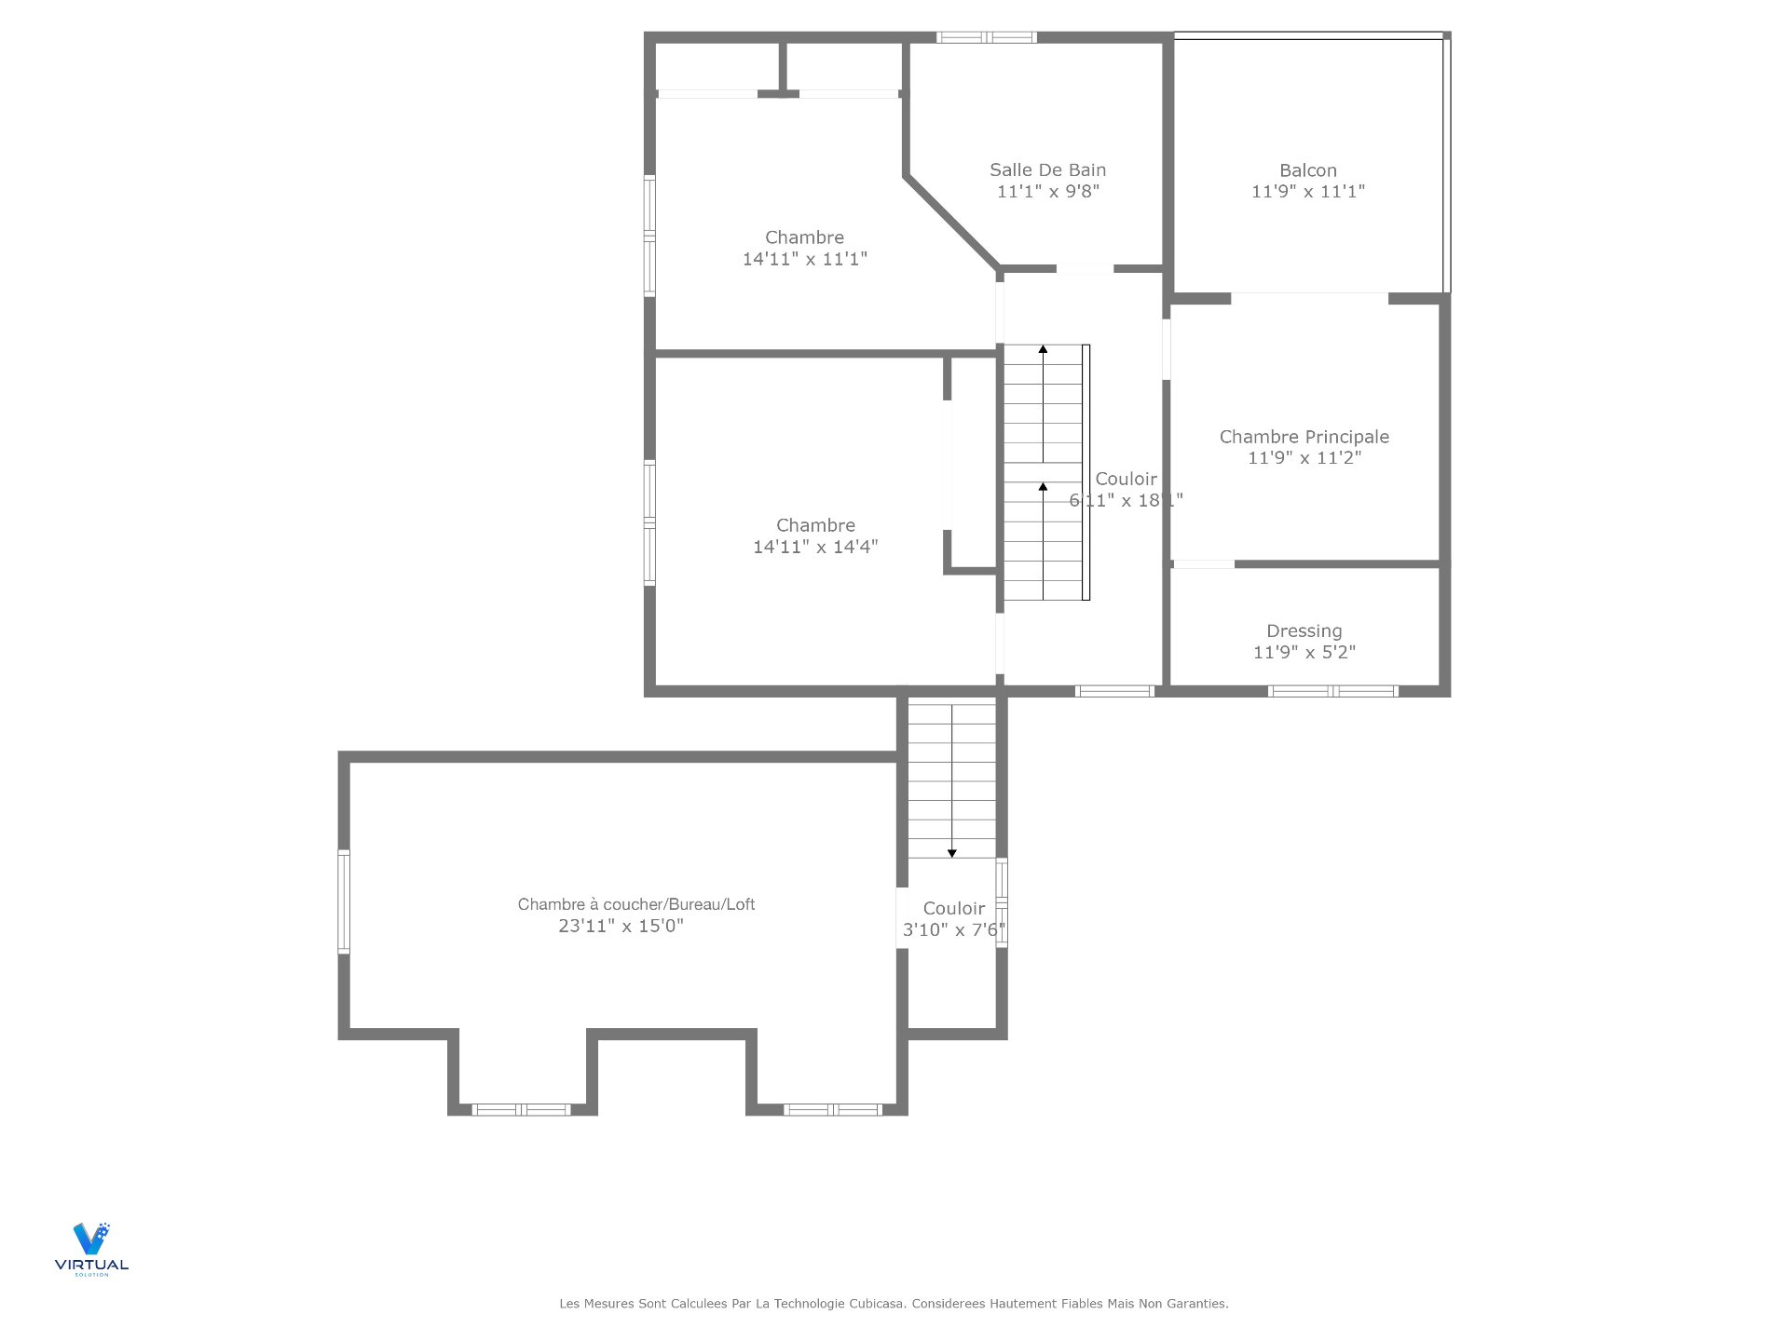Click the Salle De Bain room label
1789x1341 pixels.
(1047, 170)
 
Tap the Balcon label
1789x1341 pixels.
(1308, 170)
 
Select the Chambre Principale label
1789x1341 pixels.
(1304, 437)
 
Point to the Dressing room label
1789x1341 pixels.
(1304, 631)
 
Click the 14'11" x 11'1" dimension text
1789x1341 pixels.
(805, 259)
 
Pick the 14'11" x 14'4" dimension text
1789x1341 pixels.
(815, 547)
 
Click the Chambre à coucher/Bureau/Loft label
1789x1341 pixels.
(636, 904)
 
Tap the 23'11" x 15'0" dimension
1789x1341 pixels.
(621, 926)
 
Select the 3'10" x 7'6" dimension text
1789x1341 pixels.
(954, 929)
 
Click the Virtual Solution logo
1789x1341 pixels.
(91, 1249)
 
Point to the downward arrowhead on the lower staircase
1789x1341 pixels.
(952, 853)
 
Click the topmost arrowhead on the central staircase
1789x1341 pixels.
(1044, 349)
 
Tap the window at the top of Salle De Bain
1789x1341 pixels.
(987, 37)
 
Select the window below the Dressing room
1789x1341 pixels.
(1333, 691)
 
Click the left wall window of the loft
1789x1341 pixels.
(344, 901)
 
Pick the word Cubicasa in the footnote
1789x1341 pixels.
(877, 1304)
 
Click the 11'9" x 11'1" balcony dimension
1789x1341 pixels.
(1308, 192)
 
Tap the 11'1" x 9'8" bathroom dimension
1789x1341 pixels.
(1048, 192)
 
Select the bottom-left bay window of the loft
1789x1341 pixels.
(522, 1109)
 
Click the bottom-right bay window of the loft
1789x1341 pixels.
(833, 1109)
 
